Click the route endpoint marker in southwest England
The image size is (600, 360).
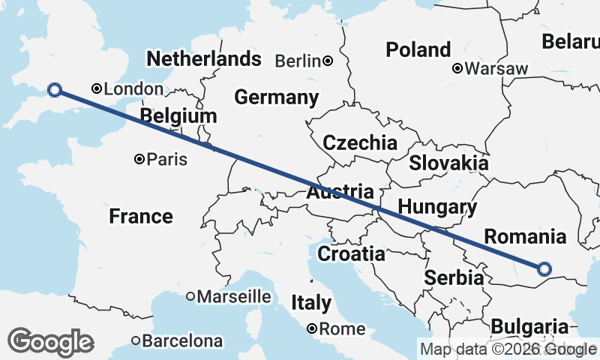[x=54, y=90]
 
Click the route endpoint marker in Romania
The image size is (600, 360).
[x=544, y=268]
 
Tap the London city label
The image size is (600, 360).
[x=133, y=89]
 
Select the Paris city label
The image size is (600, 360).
[x=166, y=160]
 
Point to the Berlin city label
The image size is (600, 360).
[x=298, y=61]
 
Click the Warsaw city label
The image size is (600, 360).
[x=496, y=69]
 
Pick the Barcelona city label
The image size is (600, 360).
[x=182, y=341]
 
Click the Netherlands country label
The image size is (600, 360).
[x=204, y=58]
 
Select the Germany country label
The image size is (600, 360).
[x=276, y=97]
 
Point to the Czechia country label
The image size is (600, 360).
[x=359, y=142]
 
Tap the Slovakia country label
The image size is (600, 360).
[x=448, y=163]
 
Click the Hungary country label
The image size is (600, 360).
[x=437, y=207]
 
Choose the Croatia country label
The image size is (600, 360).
[x=351, y=253]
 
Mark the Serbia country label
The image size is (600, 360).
[x=454, y=277]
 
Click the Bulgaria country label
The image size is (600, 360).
[x=529, y=327]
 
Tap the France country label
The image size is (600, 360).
[x=141, y=217]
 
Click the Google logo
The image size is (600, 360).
[x=50, y=341]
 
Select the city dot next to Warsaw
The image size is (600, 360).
[x=457, y=69]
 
